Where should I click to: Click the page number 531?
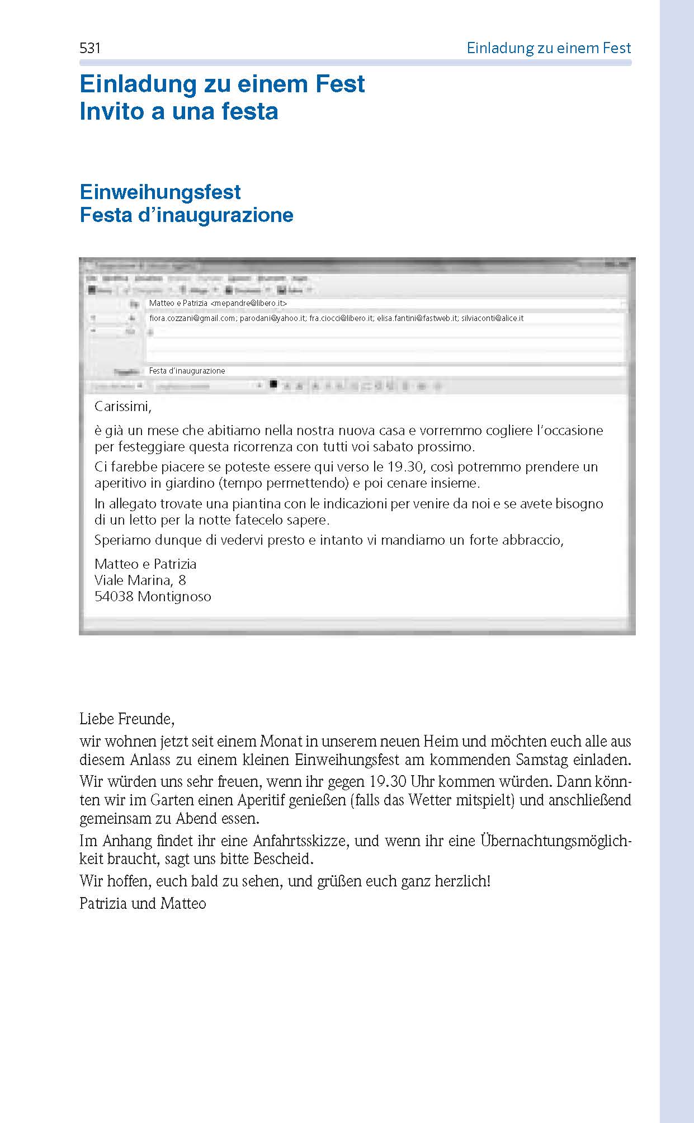point(90,49)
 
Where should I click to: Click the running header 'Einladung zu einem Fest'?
point(549,49)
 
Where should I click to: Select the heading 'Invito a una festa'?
point(179,111)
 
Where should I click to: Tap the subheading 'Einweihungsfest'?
point(160,192)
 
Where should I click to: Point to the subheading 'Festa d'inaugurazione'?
point(186,215)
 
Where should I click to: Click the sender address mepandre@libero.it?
point(249,303)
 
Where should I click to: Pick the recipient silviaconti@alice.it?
point(492,318)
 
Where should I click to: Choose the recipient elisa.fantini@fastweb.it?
point(417,318)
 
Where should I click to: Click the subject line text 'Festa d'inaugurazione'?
point(187,371)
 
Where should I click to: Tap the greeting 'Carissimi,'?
point(123,406)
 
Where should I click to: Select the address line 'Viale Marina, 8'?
point(140,580)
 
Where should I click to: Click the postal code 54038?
point(114,596)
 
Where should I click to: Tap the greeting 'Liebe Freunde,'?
point(127,719)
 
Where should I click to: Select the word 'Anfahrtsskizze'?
point(301,841)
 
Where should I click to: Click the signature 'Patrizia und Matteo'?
point(143,903)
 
